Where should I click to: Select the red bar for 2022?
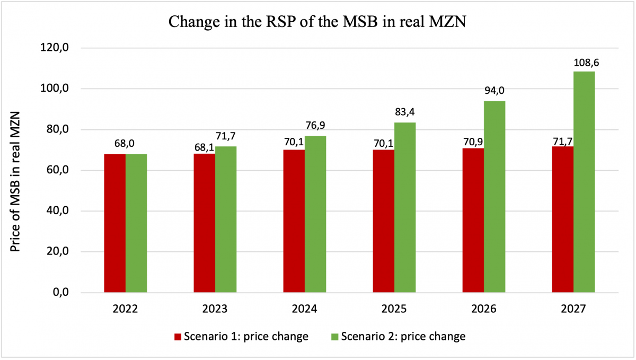click(x=115, y=223)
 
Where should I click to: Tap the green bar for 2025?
click(x=405, y=207)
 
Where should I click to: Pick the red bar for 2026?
click(x=473, y=220)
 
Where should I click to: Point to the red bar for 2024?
click(x=294, y=221)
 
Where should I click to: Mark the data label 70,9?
click(x=473, y=139)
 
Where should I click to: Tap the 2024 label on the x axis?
click(x=304, y=309)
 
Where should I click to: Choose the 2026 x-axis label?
click(x=483, y=309)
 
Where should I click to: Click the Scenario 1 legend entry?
click(x=242, y=336)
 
